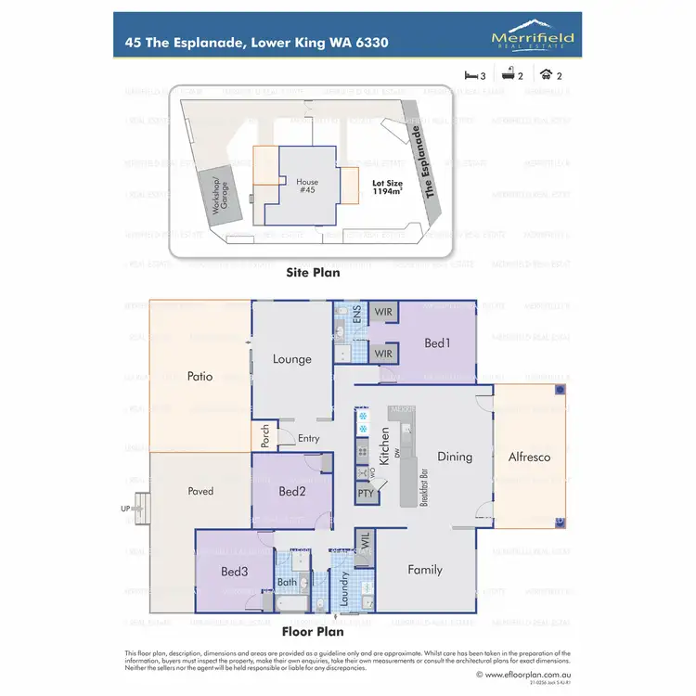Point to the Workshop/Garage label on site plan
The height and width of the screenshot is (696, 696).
224,197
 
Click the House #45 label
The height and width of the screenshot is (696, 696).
307,187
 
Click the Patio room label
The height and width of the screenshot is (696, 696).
200,377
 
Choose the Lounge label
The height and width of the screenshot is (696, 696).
291,359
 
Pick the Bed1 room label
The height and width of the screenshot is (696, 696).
436,343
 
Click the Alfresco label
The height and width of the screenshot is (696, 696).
529,457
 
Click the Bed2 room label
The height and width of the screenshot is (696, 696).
291,491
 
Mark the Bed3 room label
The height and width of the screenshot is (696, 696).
233,573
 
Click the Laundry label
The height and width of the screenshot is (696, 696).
344,594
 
